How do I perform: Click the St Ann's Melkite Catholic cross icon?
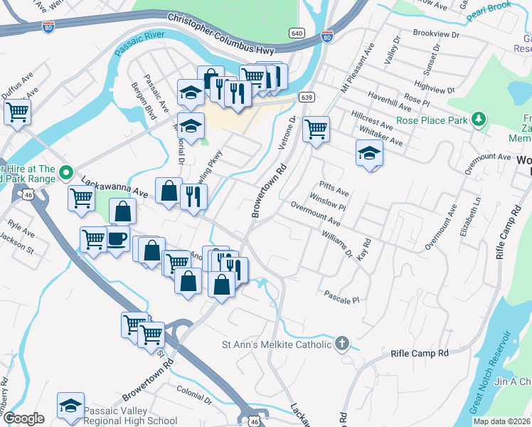[342, 344]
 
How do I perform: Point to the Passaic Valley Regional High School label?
[130, 416]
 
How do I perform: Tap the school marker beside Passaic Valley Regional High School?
[71, 406]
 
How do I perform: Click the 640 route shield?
[297, 33]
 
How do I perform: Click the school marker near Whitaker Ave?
[369, 153]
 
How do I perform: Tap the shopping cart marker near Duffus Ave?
[17, 111]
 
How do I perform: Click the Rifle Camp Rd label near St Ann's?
[420, 353]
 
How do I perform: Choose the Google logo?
[23, 418]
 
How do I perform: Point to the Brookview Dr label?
[436, 34]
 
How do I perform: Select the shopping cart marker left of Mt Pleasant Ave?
[315, 129]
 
